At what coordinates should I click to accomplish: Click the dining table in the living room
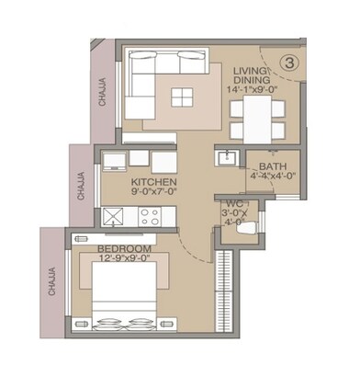tap(251, 116)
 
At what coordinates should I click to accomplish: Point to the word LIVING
tap(250, 71)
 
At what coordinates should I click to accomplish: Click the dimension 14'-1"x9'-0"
tap(250, 90)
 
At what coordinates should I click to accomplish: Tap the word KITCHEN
tap(152, 182)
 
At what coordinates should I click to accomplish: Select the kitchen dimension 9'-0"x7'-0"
tap(152, 193)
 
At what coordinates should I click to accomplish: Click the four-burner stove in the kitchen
tap(150, 217)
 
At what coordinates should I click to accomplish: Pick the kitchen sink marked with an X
tap(116, 217)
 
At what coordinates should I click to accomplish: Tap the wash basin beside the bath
tap(226, 158)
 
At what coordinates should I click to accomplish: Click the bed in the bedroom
tap(128, 302)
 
